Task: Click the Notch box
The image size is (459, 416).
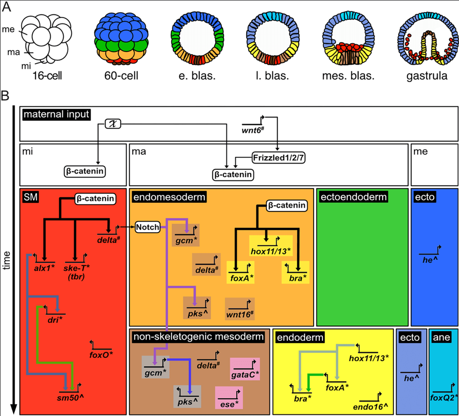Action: [148, 228]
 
